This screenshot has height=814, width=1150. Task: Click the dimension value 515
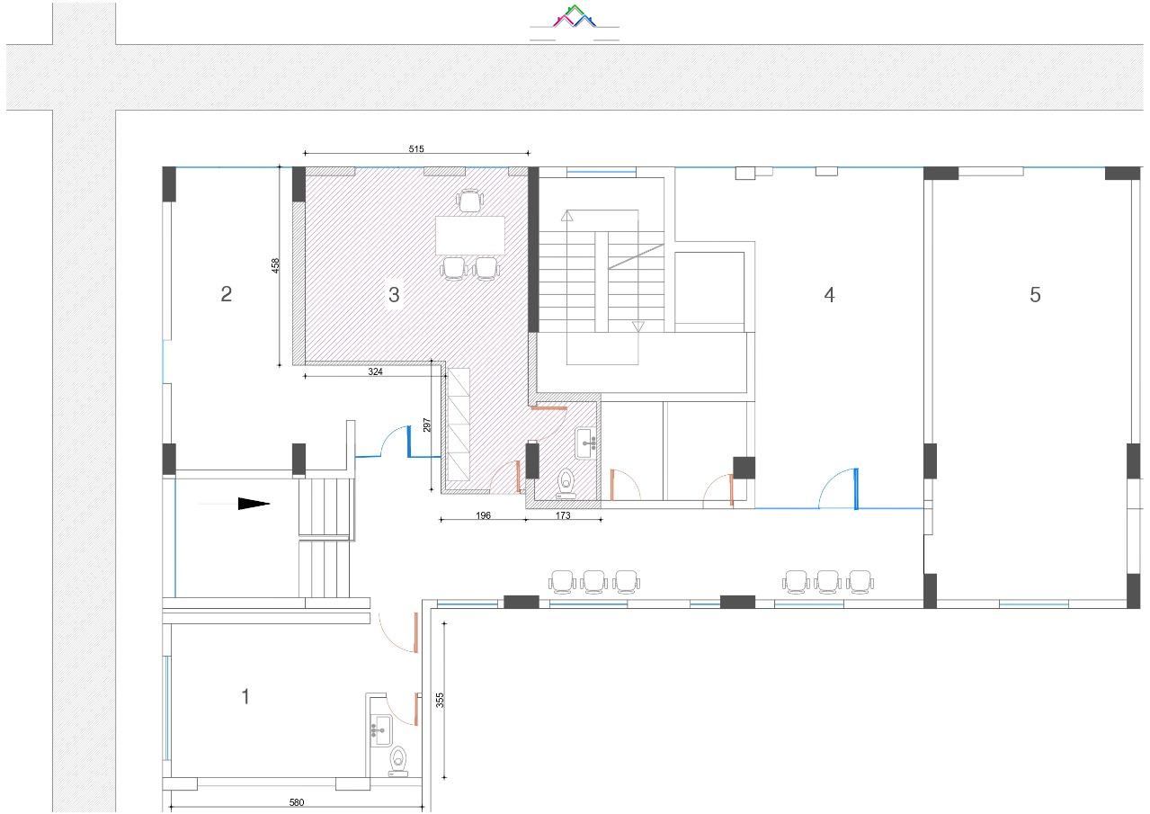point(416,149)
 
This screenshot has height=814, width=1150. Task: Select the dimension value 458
point(276,265)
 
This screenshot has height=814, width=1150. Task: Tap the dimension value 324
point(375,371)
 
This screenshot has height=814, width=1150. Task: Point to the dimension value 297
point(426,425)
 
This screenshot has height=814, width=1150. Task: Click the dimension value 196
point(483,515)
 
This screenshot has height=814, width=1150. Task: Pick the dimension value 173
point(563,515)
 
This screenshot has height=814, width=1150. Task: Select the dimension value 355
point(440,701)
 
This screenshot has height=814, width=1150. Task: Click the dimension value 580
point(297,802)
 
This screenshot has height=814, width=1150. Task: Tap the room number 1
point(245,696)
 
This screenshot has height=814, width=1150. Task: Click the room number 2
point(226,294)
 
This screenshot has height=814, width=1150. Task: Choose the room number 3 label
point(394,294)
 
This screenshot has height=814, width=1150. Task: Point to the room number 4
point(829,295)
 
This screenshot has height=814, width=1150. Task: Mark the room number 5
point(1035,294)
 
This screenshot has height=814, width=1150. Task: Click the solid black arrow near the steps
point(254,504)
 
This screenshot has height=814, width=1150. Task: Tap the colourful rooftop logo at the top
point(575,16)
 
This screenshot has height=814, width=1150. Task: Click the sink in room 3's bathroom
point(585,443)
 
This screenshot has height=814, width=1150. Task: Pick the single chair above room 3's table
point(469,201)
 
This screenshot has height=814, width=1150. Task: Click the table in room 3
point(469,236)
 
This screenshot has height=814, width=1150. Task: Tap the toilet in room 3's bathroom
point(566,483)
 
